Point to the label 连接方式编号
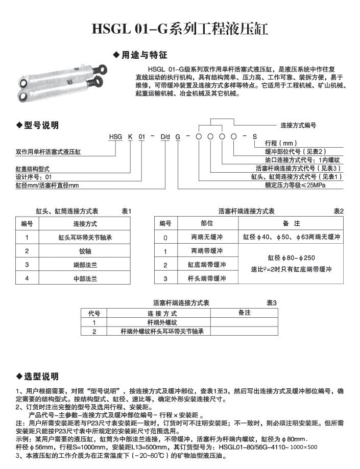(298, 125)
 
